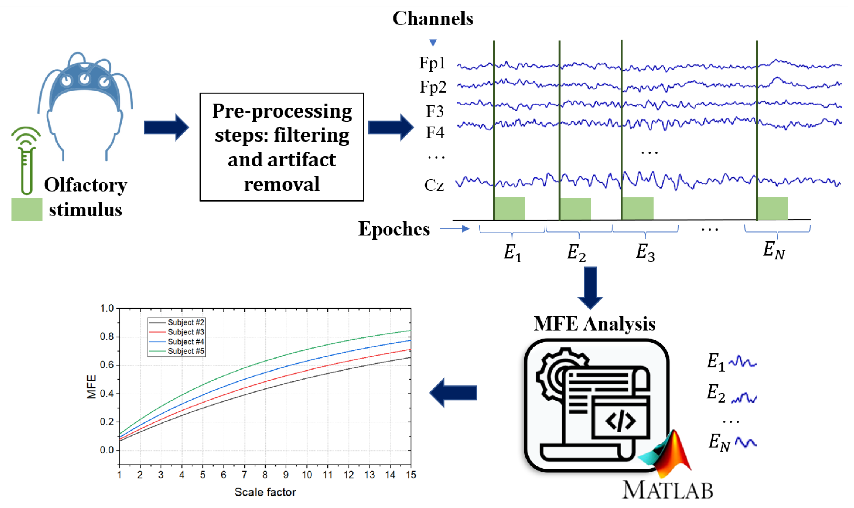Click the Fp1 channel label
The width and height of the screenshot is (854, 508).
pyautogui.click(x=432, y=63)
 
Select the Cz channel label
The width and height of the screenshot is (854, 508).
pyautogui.click(x=434, y=185)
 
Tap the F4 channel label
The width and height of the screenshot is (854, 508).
pyautogui.click(x=434, y=133)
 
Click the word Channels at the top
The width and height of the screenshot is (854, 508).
pyautogui.click(x=433, y=18)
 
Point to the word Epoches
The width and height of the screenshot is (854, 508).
pyautogui.click(x=394, y=229)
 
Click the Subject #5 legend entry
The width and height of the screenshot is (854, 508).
pyautogui.click(x=186, y=351)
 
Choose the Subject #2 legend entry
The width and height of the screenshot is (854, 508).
pyautogui.click(x=186, y=322)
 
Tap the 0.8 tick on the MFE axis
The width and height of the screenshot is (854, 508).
pyautogui.click(x=106, y=337)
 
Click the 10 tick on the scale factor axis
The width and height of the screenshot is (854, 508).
pyautogui.click(x=307, y=475)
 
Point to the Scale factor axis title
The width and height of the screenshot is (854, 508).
pyautogui.click(x=265, y=492)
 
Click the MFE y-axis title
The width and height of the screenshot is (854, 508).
pyautogui.click(x=91, y=387)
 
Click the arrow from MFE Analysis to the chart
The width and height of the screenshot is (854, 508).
pyautogui.click(x=453, y=393)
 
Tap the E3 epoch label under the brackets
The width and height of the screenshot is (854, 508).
pyautogui.click(x=645, y=252)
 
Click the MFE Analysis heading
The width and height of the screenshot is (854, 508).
pyautogui.click(x=594, y=324)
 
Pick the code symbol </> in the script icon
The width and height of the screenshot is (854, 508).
pyautogui.click(x=620, y=421)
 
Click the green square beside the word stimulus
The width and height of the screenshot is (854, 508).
pyautogui.click(x=27, y=209)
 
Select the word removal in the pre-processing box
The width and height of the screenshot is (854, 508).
pyautogui.click(x=282, y=184)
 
